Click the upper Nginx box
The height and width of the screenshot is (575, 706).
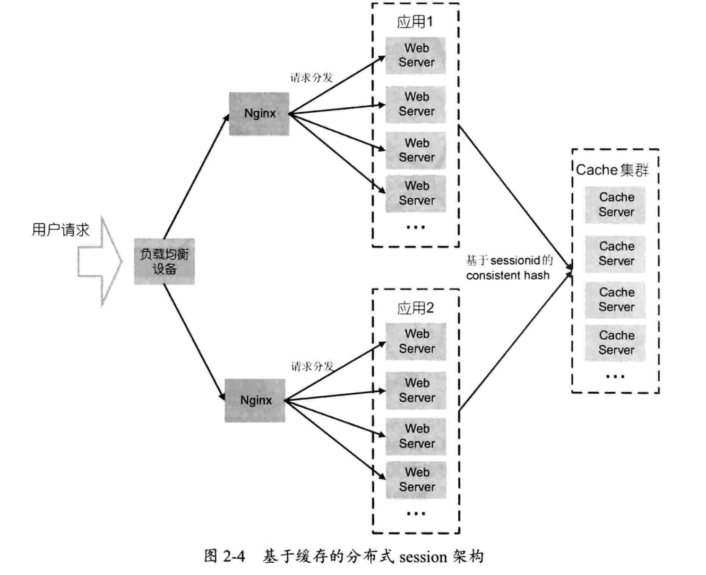click(259, 114)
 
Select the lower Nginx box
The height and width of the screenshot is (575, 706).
click(255, 401)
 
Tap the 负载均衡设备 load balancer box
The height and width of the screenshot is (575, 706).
click(164, 261)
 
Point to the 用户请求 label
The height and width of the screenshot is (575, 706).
click(61, 230)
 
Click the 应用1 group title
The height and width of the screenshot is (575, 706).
click(415, 22)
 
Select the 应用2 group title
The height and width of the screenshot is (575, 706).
click(415, 308)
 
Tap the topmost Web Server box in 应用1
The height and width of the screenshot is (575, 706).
click(416, 55)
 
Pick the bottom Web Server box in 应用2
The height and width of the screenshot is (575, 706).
click(416, 480)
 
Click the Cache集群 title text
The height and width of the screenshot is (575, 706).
click(612, 170)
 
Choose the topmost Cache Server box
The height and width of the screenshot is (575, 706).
click(616, 205)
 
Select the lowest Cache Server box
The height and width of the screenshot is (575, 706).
click(616, 343)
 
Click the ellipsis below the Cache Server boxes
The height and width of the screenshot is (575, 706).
click(615, 376)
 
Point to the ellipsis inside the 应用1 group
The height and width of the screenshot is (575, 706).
click(415, 227)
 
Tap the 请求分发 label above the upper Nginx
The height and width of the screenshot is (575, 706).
click(312, 78)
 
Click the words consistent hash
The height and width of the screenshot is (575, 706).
click(507, 275)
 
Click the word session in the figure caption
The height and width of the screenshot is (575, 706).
click(423, 557)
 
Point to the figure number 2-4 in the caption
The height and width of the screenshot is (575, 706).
click(234, 556)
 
